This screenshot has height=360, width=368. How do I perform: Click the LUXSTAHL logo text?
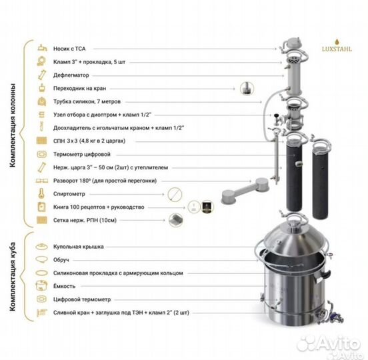[337, 49]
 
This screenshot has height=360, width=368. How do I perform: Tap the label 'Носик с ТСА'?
[69, 49]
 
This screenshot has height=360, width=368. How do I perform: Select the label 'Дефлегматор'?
[71, 75]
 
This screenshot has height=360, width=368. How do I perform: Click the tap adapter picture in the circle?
[247, 88]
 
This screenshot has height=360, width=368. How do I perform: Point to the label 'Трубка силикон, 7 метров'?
[87, 101]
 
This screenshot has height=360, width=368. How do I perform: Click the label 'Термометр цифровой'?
[82, 154]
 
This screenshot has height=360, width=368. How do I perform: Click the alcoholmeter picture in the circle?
[175, 194]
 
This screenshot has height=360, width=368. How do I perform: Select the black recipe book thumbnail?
[207, 207]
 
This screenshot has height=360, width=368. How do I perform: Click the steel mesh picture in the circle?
[176, 220]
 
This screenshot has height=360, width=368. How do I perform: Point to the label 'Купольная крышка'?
[79, 247]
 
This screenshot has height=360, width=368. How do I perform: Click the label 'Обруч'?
[61, 260]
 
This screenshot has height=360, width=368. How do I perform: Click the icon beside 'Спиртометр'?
[41, 193]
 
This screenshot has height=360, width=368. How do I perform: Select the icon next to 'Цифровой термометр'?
[42, 299]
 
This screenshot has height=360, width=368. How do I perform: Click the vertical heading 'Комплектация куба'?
[13, 277]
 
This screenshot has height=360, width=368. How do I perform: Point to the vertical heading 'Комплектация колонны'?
[13, 125]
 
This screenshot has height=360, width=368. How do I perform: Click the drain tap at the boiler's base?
[331, 314]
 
